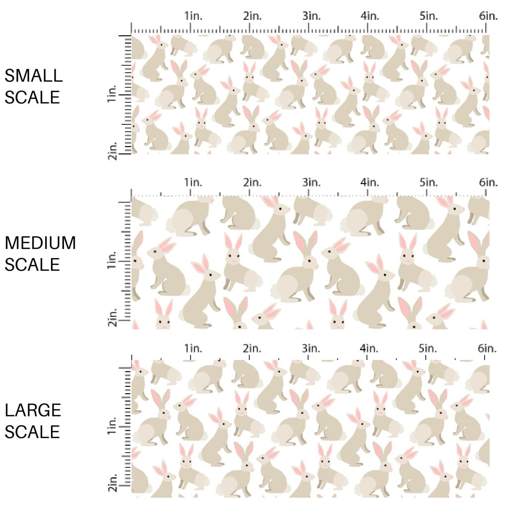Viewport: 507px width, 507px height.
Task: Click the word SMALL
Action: pos(34,76)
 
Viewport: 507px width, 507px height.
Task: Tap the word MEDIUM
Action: pos(41,243)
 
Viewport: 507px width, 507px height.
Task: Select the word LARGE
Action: pos(33,410)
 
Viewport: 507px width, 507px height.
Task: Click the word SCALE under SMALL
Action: pos(32,97)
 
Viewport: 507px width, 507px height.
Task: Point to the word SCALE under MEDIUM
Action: pos(32,264)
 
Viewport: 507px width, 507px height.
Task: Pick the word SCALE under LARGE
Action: pos(32,432)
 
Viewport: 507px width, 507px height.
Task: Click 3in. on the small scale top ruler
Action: pos(311,16)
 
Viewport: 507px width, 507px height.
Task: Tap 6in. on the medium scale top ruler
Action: pos(488,182)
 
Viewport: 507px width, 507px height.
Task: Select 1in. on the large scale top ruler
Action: pos(193,349)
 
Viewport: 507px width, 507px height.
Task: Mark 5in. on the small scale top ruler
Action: pos(429,16)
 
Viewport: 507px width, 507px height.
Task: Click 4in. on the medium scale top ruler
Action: pos(370,182)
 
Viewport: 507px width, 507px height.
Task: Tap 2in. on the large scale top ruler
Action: pos(252,349)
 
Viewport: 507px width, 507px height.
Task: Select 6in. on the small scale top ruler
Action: pos(488,16)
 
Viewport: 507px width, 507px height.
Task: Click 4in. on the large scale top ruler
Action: pos(370,349)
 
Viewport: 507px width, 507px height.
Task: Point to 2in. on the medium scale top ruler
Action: pos(252,182)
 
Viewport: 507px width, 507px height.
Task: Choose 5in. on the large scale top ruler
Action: pos(429,349)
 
